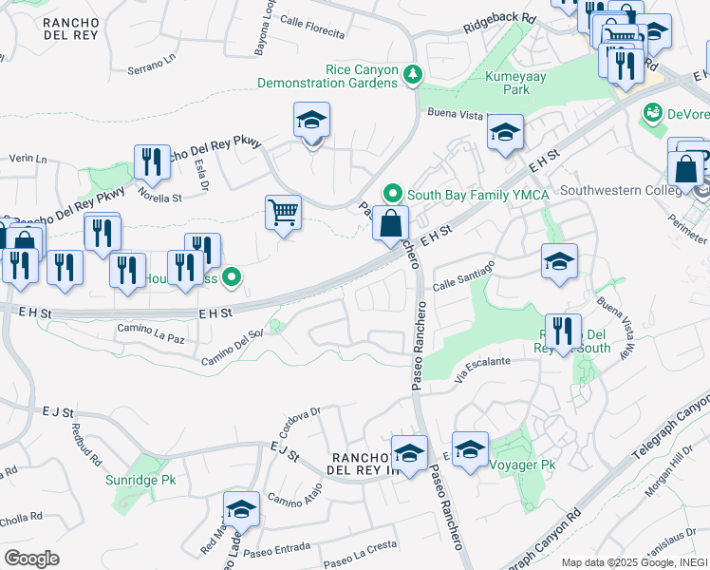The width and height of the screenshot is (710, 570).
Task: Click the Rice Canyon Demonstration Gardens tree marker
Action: point(412,73)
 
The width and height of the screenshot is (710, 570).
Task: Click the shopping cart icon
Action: point(283,212)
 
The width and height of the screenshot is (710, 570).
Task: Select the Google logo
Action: point(31,559)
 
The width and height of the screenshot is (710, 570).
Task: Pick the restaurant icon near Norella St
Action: point(151,162)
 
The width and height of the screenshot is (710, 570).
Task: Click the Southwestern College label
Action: point(622,189)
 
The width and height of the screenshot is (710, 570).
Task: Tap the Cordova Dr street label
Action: point(304,419)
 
